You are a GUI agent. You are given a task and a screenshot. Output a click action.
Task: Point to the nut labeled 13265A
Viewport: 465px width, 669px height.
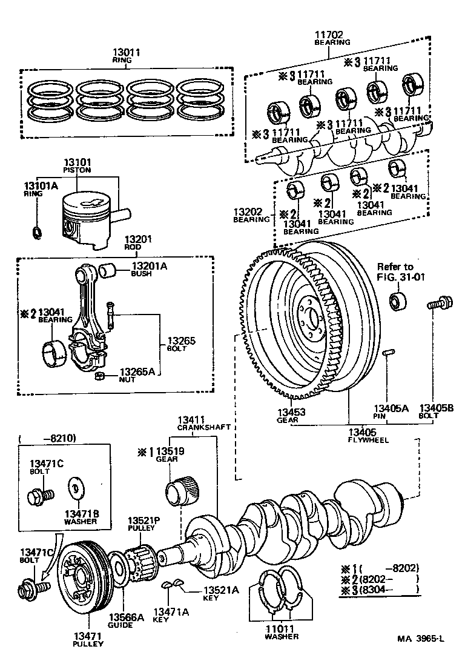(x=101, y=378)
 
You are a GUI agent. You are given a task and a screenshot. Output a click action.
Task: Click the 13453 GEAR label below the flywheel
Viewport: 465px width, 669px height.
(x=288, y=415)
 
